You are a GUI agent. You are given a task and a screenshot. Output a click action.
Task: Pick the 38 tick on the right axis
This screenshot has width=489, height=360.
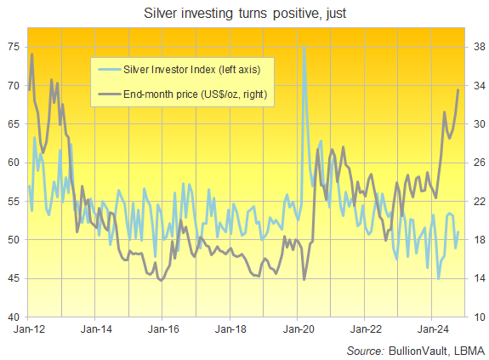coord(477,47)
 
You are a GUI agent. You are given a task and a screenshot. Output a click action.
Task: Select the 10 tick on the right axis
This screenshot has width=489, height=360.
coord(477,317)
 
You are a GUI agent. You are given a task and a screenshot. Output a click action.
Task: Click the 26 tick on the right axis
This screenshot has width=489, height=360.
coord(477,163)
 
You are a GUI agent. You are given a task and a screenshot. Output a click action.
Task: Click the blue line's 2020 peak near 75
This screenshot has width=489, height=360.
coord(304,47)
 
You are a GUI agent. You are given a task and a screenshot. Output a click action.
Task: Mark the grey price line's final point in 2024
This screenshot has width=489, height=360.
coord(459,89)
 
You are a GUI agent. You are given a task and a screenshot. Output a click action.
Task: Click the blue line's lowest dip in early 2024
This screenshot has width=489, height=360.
coord(439,278)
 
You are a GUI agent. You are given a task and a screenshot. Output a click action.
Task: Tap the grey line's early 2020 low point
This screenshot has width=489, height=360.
coord(304,279)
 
